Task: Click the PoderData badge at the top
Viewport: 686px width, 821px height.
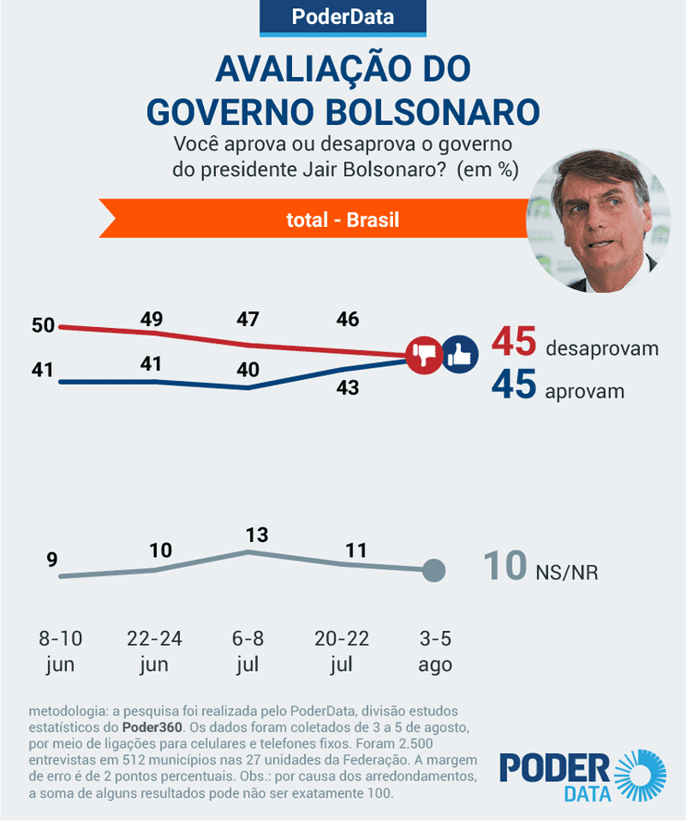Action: click(342, 18)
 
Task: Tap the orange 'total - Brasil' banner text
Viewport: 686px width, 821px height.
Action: click(342, 220)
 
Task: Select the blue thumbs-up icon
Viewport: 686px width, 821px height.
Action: click(458, 353)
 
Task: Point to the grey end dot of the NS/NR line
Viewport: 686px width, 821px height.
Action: click(433, 571)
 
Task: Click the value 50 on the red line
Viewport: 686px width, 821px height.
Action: click(44, 325)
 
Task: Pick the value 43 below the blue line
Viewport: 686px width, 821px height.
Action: click(347, 388)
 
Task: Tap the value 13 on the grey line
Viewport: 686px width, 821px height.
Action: click(256, 535)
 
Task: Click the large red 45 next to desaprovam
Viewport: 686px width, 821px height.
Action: click(514, 342)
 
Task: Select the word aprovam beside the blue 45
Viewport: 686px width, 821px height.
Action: click(585, 391)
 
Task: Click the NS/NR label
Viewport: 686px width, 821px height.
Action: click(566, 572)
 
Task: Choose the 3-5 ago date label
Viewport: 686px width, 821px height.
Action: click(434, 651)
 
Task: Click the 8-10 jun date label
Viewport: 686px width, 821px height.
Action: click(60, 651)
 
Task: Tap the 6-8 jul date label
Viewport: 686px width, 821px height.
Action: click(248, 651)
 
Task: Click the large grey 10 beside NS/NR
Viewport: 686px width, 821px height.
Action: click(505, 566)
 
